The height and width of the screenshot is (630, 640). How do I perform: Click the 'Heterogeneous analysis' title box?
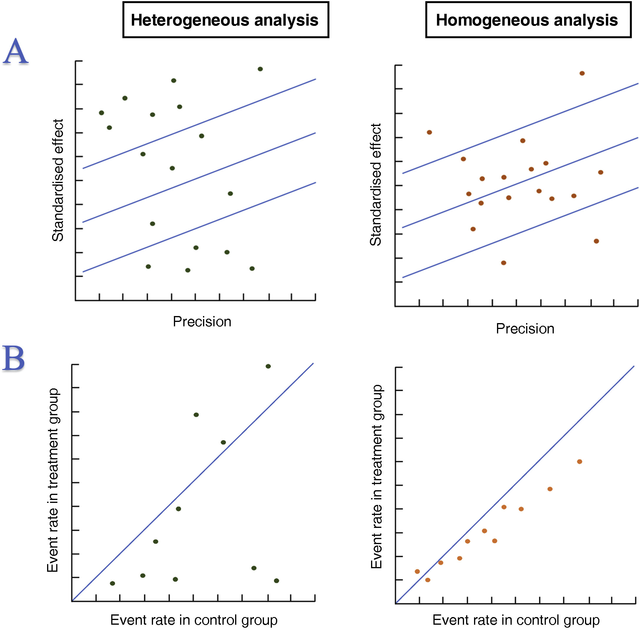pyautogui.click(x=225, y=20)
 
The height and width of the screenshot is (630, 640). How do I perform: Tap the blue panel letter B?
pyautogui.click(x=14, y=358)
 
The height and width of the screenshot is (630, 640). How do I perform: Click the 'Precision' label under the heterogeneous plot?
pyautogui.click(x=202, y=322)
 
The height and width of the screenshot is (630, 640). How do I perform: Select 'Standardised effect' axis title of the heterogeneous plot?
pyautogui.click(x=58, y=180)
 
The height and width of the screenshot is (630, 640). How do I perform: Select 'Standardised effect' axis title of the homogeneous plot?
pyautogui.click(x=375, y=184)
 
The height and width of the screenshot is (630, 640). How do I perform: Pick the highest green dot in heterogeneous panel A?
pyautogui.click(x=260, y=69)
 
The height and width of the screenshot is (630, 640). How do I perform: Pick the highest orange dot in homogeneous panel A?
pyautogui.click(x=582, y=74)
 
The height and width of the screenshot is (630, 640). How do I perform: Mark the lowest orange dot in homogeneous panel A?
pyautogui.click(x=504, y=263)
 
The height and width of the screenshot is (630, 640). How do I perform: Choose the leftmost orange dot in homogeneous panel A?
pyautogui.click(x=429, y=132)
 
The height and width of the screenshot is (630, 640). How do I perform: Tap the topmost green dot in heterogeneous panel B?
pyautogui.click(x=268, y=366)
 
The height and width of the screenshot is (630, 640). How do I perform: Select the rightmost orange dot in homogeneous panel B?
pyautogui.click(x=579, y=462)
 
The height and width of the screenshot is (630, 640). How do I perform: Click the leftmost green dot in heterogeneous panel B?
pyautogui.click(x=112, y=583)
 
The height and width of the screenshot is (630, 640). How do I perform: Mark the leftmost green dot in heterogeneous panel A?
pyautogui.click(x=102, y=113)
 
